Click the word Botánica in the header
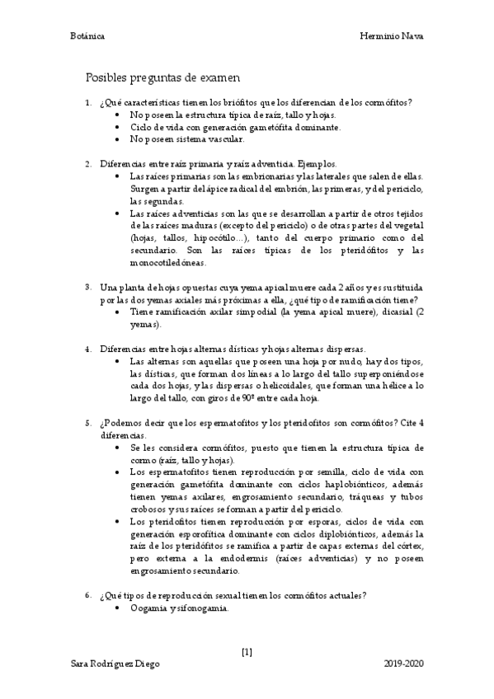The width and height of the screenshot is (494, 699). click(87, 37)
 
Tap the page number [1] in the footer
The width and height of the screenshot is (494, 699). click(247, 651)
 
